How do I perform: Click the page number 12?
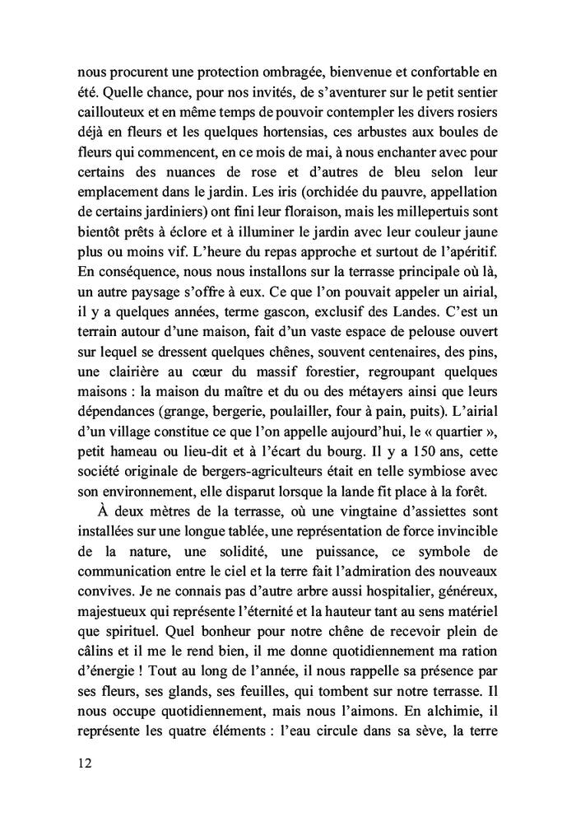pyautogui.click(x=80, y=763)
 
